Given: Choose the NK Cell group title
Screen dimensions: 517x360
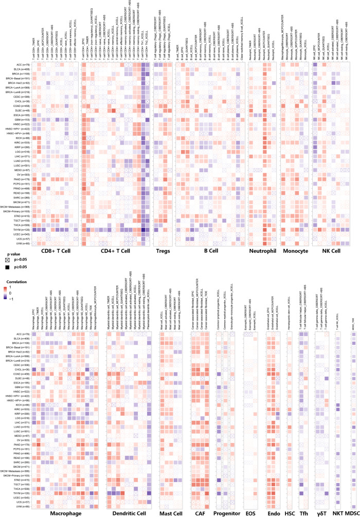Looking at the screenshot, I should tap(329, 252).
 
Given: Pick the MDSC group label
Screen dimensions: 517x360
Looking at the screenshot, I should tap(353, 512).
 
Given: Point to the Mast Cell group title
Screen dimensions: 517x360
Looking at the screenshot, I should tap(170, 512).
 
